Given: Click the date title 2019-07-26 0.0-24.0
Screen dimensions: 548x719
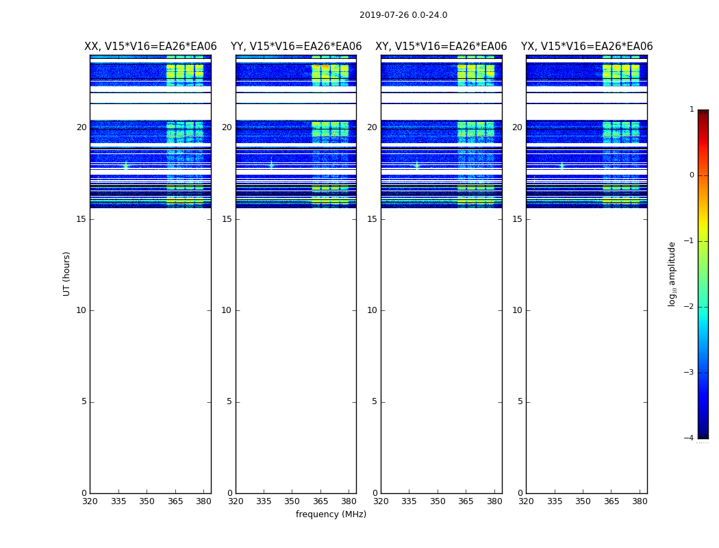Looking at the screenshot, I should (x=403, y=15).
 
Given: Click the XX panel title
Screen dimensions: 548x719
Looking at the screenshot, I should (x=151, y=47).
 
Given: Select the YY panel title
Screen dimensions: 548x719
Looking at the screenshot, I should (x=296, y=47).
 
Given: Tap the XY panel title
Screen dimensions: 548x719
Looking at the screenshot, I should (x=441, y=47).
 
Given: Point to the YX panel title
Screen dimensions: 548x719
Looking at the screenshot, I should (x=587, y=47).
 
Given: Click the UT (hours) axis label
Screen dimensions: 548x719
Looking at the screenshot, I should (x=66, y=273).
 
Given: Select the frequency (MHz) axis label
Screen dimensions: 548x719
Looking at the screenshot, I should (x=331, y=514).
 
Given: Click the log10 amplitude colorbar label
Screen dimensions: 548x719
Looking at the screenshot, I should (x=672, y=273).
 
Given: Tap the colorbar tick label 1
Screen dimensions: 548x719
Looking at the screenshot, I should (x=691, y=110).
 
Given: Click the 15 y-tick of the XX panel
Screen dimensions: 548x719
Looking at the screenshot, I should (x=81, y=219).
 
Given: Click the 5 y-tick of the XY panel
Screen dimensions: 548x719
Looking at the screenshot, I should (x=375, y=401).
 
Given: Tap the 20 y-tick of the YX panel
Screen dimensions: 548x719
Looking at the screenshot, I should (x=518, y=127).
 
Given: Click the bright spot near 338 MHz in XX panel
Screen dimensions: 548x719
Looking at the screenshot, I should (x=125, y=165).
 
